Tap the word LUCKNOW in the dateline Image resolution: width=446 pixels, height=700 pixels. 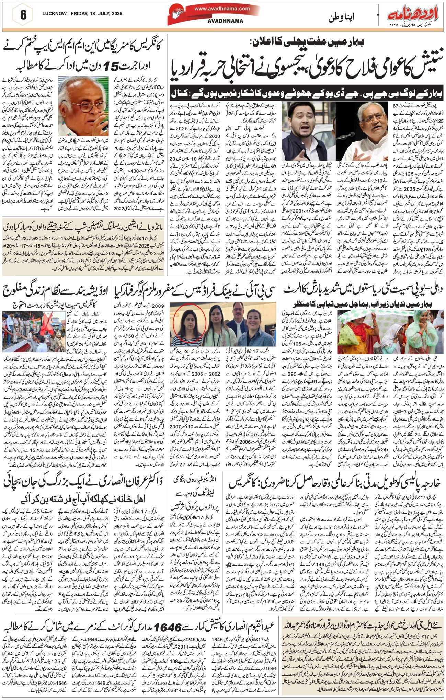coord(54,14)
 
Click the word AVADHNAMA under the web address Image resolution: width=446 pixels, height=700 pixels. coord(226,21)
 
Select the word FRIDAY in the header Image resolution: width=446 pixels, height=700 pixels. coord(79,14)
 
